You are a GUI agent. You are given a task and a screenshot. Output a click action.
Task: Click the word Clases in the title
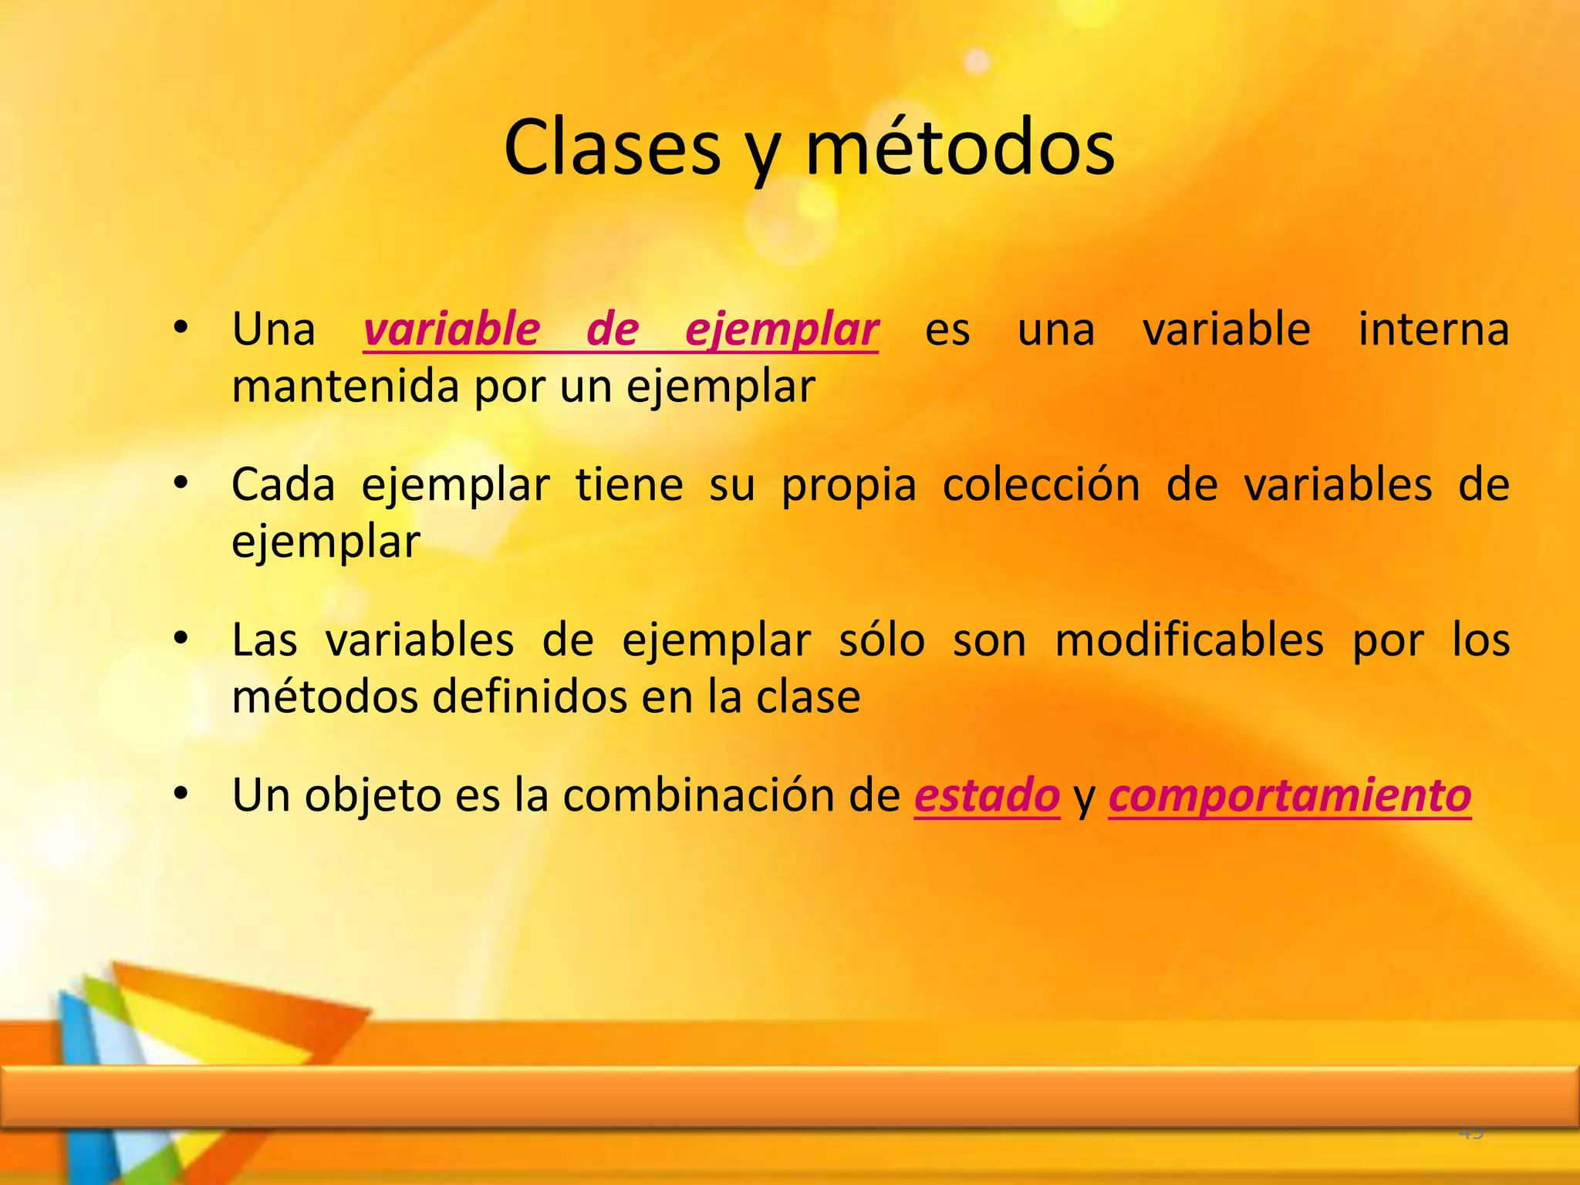click(x=611, y=148)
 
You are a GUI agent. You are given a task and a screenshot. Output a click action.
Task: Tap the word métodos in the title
click(x=960, y=148)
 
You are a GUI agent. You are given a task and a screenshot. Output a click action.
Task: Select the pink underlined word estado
click(x=987, y=795)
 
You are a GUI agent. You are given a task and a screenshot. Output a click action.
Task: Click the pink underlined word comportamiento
click(x=1289, y=795)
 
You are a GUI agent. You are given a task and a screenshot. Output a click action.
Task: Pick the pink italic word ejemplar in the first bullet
click(x=782, y=330)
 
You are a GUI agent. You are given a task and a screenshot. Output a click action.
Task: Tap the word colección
click(x=1041, y=484)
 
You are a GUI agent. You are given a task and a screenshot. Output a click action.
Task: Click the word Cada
click(x=283, y=484)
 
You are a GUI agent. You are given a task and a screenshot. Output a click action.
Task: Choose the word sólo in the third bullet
click(x=881, y=640)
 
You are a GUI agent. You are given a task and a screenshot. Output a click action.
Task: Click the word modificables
click(x=1189, y=640)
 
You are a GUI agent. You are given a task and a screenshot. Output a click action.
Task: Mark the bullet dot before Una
click(x=181, y=329)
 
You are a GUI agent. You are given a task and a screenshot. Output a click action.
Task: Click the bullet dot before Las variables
click(x=181, y=639)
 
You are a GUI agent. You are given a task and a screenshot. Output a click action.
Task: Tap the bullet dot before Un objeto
click(x=181, y=794)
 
